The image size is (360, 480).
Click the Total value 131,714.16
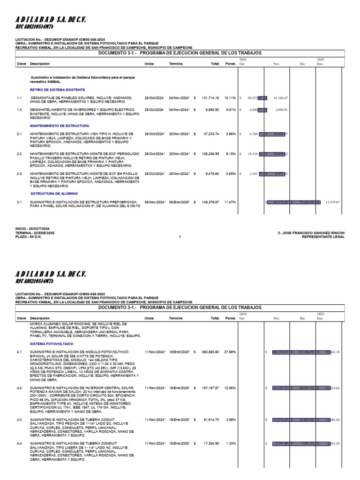point(210,98)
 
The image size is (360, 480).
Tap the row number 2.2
point(20,154)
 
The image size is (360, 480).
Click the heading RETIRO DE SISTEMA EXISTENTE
point(57,89)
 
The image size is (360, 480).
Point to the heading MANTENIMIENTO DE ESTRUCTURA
point(60,126)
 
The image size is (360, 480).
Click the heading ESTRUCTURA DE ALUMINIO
point(54,193)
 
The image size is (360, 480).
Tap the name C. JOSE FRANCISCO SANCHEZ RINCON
point(311,233)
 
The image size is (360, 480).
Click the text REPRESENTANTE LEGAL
point(323,237)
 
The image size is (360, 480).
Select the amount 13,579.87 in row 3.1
point(332,202)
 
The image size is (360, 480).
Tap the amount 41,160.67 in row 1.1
point(280,98)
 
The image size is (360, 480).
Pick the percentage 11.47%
point(230,202)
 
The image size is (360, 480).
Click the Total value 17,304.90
point(210,443)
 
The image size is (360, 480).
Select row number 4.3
point(20,420)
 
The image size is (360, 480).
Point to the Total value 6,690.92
point(212,110)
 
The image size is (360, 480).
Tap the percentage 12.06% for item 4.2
point(230,388)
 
